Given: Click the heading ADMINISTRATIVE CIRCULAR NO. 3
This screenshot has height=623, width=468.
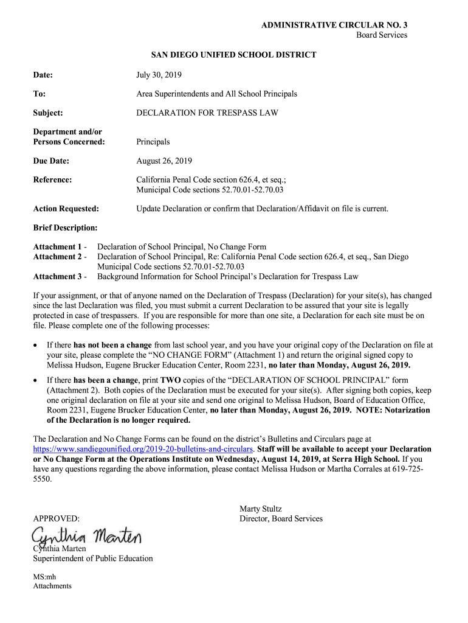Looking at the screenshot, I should (x=334, y=25).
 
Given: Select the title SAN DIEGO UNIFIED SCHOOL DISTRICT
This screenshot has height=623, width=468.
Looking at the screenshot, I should (x=233, y=55).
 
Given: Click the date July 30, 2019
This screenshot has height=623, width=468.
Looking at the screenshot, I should (x=159, y=75).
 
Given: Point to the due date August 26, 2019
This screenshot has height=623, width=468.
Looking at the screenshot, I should (x=164, y=161).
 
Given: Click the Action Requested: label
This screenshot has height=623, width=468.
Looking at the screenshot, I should (x=66, y=209).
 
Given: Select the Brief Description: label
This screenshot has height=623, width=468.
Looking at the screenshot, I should (x=65, y=228).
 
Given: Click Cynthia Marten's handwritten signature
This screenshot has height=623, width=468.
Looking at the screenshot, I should (x=86, y=538).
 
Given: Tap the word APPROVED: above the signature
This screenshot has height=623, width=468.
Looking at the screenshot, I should (x=56, y=519).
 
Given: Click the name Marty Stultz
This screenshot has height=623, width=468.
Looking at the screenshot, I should (x=261, y=509).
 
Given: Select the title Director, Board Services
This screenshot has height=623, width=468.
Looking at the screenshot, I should (x=281, y=519).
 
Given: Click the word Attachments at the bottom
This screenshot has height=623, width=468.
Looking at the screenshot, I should (x=52, y=586).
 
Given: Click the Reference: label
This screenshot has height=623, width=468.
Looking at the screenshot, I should (x=52, y=180).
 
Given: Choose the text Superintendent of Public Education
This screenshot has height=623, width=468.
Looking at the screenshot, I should (x=92, y=559).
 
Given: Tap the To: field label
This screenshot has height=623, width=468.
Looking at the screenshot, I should (x=40, y=94).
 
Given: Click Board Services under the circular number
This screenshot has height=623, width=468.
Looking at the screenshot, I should (x=381, y=35).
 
